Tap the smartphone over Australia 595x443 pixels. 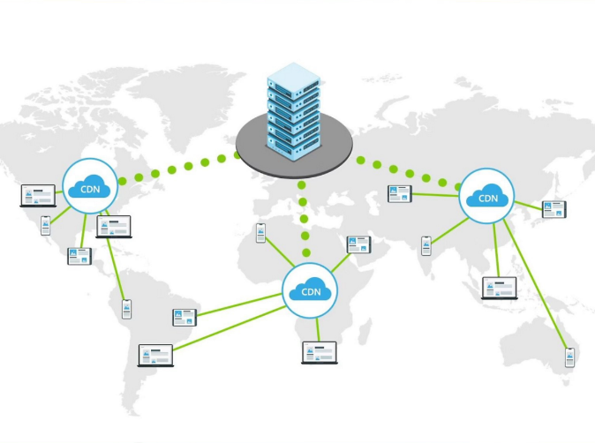pyautogui.click(x=569, y=357)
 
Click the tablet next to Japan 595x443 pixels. pyautogui.click(x=554, y=209)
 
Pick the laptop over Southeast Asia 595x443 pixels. pyautogui.click(x=499, y=289)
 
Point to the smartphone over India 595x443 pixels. pyautogui.click(x=426, y=245)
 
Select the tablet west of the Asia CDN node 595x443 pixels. pyautogui.click(x=400, y=193)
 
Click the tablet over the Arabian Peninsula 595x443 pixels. pyautogui.click(x=358, y=244)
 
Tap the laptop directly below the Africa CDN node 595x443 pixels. pyautogui.click(x=319, y=352)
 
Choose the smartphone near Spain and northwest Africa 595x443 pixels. pyautogui.click(x=260, y=233)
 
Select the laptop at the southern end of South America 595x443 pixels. pyautogui.click(x=156, y=355)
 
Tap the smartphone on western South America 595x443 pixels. pyautogui.click(x=126, y=309)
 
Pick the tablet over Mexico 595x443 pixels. pyautogui.click(x=79, y=256)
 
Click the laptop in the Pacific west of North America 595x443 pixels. pyautogui.click(x=38, y=195)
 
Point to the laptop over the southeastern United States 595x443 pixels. pyautogui.click(x=113, y=226)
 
